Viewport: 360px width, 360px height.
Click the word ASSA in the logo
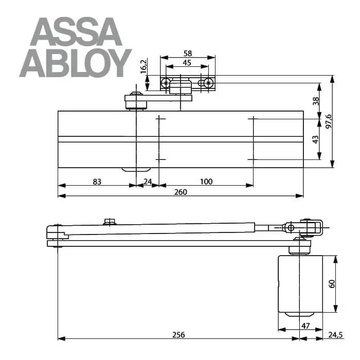click(76, 32)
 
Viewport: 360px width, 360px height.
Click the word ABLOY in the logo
click(76, 63)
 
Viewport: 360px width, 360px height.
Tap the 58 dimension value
click(188, 53)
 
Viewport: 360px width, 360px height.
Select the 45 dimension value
click(187, 62)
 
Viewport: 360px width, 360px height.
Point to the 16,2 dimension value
click(143, 66)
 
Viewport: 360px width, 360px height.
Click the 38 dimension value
click(316, 101)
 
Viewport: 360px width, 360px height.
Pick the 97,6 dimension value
click(329, 121)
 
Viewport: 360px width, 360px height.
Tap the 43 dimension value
click(316, 139)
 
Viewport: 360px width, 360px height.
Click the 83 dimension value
click(97, 182)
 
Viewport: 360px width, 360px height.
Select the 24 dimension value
click(148, 182)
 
